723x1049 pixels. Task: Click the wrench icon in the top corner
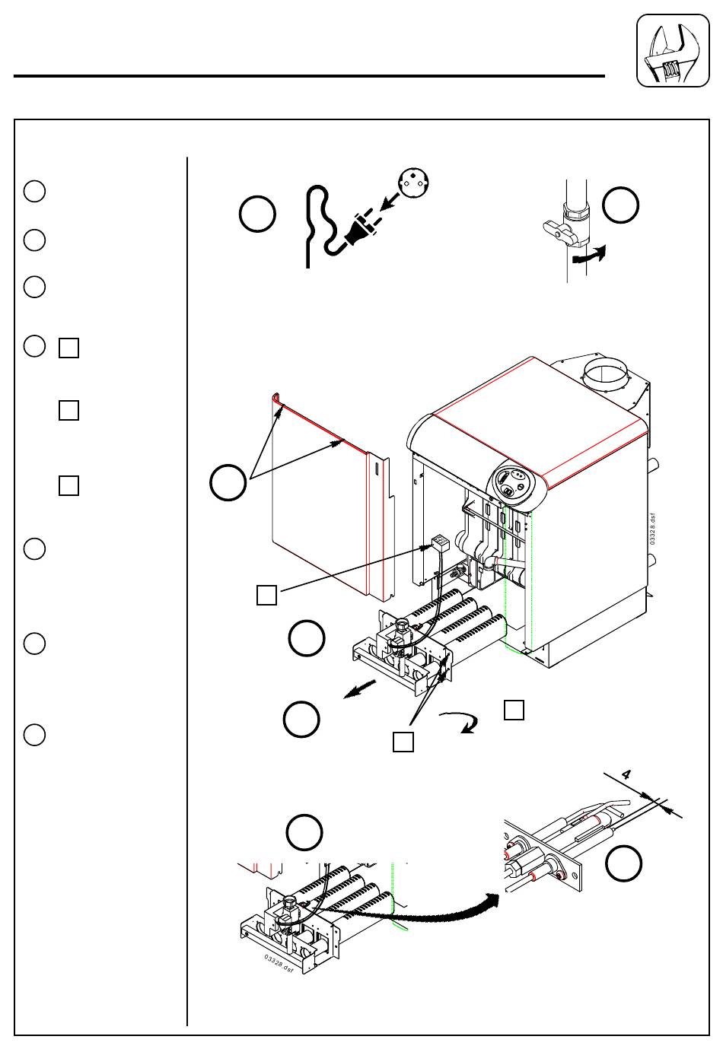673,50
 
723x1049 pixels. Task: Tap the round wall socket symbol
414,183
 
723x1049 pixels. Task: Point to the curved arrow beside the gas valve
590,254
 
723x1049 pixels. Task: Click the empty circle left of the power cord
257,214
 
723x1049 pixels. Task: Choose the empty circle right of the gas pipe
620,205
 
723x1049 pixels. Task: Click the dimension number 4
626,774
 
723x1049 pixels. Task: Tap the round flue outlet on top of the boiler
605,374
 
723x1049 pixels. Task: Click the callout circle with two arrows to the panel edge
228,482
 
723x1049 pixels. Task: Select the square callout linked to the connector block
266,595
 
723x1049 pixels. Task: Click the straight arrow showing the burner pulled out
360,689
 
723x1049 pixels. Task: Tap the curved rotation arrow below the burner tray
461,722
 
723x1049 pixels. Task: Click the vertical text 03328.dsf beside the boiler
652,529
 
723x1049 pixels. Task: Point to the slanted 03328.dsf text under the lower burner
279,964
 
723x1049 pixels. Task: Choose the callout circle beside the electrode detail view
623,863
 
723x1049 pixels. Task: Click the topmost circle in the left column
34,191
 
